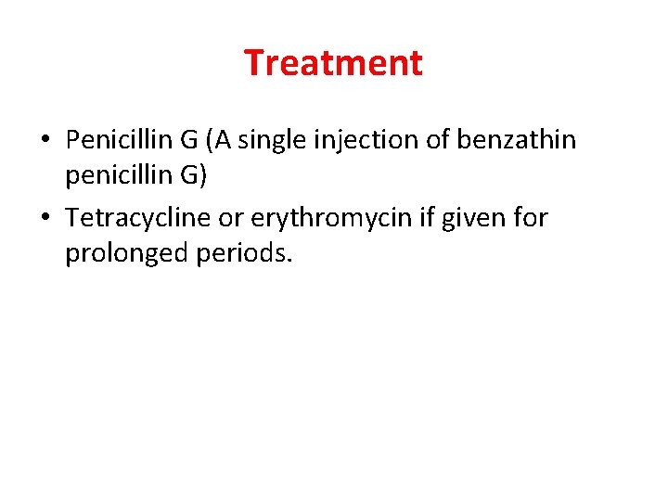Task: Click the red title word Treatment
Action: click(x=333, y=63)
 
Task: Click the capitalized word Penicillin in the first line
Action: click(x=121, y=140)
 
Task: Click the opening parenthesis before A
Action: click(x=212, y=140)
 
